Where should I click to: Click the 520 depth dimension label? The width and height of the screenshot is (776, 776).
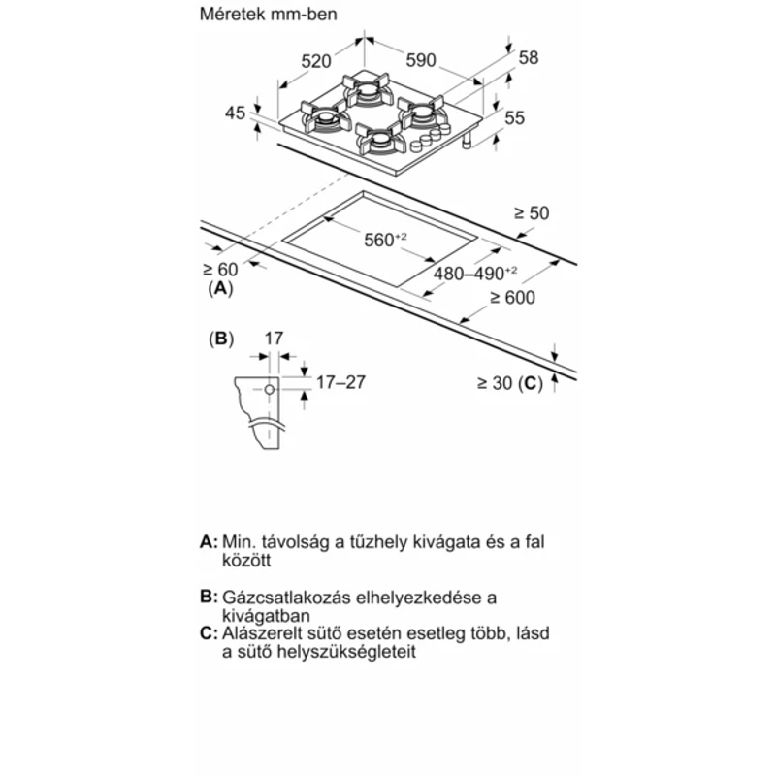coord(317,60)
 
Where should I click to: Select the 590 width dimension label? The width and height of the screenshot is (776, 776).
coord(421,60)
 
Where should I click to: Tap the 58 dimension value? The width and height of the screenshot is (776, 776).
coord(528,57)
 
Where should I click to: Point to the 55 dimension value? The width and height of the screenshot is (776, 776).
coord(514,118)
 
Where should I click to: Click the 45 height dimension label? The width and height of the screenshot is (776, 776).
coord(236,113)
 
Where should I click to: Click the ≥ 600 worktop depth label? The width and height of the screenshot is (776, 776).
coord(513,298)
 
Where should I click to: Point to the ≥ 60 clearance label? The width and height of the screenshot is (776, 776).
coord(220,270)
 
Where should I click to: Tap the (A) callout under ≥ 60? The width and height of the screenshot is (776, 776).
coord(220,288)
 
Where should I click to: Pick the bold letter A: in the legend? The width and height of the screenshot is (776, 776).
coord(208,541)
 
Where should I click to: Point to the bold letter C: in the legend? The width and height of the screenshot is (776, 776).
coord(208,633)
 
